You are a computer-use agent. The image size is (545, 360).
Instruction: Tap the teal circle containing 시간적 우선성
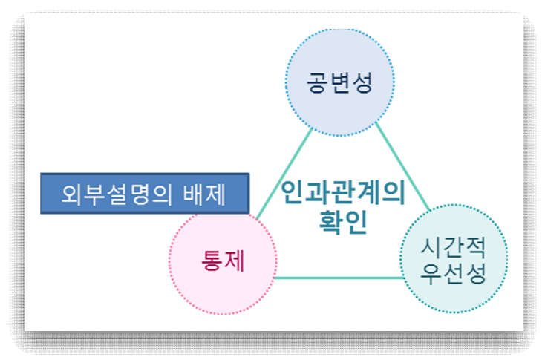(453, 260)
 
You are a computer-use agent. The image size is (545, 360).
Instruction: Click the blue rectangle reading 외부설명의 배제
(145, 194)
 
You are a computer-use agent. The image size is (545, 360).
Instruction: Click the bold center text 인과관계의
(343, 195)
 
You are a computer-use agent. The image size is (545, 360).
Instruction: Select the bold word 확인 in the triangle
(343, 223)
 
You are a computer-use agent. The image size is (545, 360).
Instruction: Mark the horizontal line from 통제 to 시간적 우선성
(338, 278)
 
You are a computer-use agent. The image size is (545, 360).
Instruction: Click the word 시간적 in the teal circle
(453, 246)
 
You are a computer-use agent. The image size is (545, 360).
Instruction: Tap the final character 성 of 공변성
(361, 81)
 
